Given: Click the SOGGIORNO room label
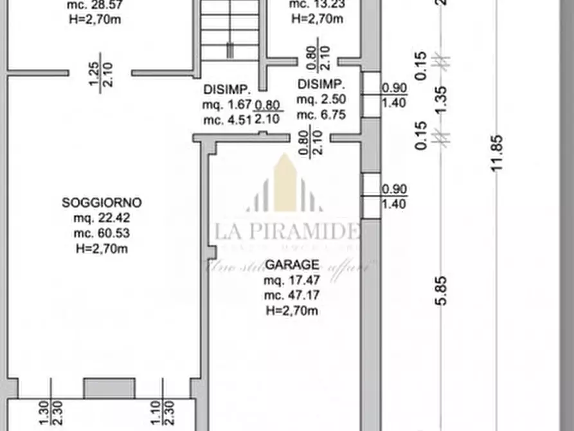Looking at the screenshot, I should click(102, 203).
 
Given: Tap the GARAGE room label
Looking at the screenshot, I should click(292, 264).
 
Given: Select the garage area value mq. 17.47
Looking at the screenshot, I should click(292, 280).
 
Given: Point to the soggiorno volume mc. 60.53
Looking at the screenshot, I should click(102, 234).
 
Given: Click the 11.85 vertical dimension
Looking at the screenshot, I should click(496, 152).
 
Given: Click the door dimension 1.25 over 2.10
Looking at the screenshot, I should click(101, 73).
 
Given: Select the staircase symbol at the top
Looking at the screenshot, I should click(229, 32).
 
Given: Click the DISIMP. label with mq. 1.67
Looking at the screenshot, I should click(226, 89).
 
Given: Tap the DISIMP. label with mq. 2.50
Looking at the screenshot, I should click(321, 84).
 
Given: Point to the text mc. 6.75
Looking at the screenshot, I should click(321, 115).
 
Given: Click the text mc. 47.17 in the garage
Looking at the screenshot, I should click(292, 296).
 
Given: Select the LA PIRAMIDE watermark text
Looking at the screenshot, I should click(287, 231).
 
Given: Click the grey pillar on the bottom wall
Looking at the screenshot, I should click(109, 388).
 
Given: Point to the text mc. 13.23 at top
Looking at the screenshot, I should click(316, 5).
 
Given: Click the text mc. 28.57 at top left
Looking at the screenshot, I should click(95, 5).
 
